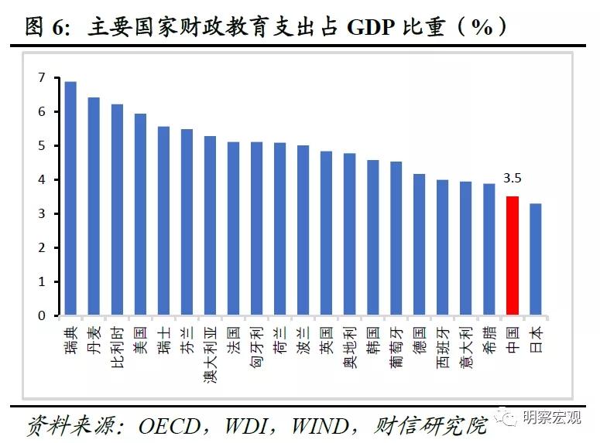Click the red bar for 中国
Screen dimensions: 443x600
pos(512,256)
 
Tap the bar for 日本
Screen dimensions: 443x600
pos(535,260)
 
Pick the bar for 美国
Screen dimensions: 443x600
pos(140,215)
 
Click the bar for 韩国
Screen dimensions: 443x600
pos(372,238)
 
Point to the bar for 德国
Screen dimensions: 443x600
pos(419,245)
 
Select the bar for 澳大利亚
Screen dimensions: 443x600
pos(210,226)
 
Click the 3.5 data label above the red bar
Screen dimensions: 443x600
pos(512,179)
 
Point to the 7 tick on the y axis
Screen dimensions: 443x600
pos(41,78)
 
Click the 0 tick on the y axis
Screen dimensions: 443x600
pos(41,315)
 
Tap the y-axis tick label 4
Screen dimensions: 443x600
pos(41,180)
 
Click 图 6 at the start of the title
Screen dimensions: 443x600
pos(43,28)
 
